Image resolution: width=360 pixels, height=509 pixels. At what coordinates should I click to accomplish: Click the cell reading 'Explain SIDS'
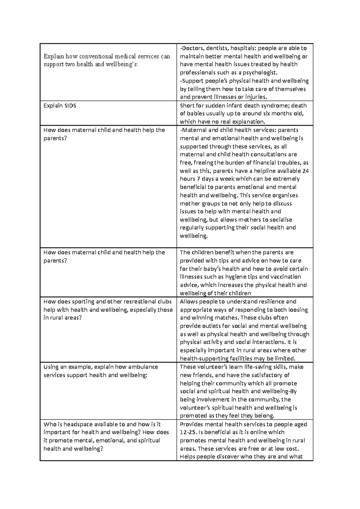[x=60, y=106]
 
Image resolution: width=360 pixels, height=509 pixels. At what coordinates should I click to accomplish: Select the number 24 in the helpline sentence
[x=305, y=171]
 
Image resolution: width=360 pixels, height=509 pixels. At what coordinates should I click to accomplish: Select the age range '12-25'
[x=187, y=432]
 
